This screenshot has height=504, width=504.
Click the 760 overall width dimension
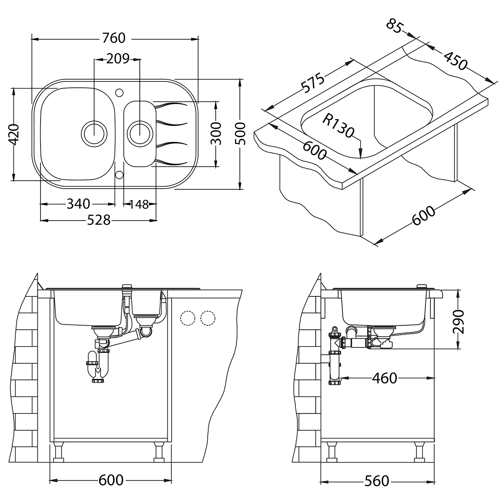pos(114,38)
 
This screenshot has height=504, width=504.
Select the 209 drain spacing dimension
pos(118,59)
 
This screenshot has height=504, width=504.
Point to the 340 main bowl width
pos(78,204)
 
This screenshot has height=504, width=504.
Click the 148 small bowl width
pos(139,204)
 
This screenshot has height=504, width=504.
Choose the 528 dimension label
pos(98,220)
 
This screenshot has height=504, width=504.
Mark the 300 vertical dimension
pos(216,133)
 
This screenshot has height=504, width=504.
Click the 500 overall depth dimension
pos(240,133)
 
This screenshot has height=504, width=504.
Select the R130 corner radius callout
pos(338,126)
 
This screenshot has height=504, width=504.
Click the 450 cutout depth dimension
pos(455,61)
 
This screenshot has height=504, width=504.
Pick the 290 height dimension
pos(458,322)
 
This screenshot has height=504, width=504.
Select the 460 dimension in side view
pos(384,378)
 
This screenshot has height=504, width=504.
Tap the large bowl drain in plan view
pos(94,133)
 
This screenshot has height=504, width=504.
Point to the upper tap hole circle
pos(119,92)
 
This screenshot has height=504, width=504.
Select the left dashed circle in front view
pos(187,318)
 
